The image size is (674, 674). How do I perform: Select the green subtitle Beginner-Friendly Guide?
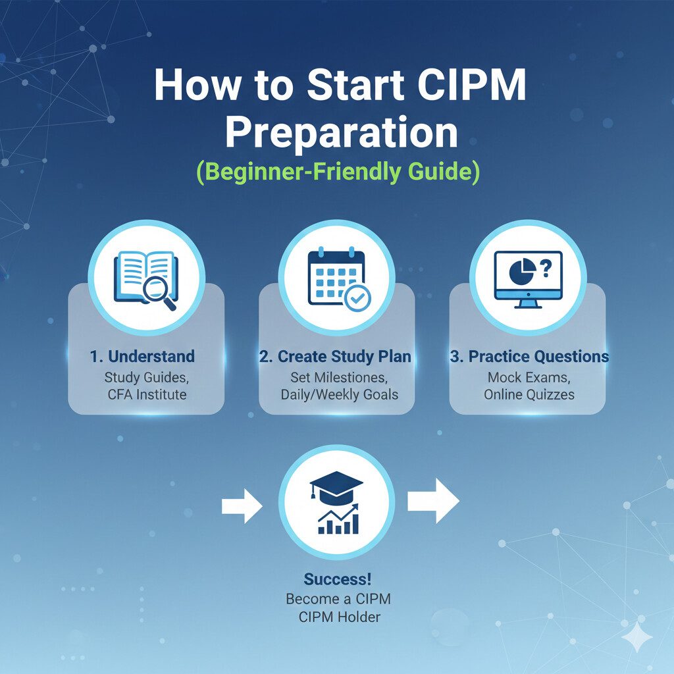pyautogui.click(x=338, y=172)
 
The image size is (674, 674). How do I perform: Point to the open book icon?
pyautogui.click(x=145, y=278)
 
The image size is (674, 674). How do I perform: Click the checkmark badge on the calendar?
pyautogui.click(x=358, y=297)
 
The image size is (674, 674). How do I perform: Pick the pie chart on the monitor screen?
pyautogui.click(x=522, y=272)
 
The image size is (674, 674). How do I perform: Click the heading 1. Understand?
pyautogui.click(x=142, y=356)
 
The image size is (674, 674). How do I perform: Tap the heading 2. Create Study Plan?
pyautogui.click(x=335, y=356)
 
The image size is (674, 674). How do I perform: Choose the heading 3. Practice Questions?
pyautogui.click(x=529, y=356)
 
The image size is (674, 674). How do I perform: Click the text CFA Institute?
pyautogui.click(x=147, y=394)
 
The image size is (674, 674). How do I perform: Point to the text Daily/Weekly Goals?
pyautogui.click(x=340, y=394)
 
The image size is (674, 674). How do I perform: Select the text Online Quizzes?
pyautogui.click(x=529, y=394)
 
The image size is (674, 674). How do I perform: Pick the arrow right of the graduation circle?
pyautogui.click(x=433, y=501)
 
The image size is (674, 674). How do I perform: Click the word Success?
pyautogui.click(x=338, y=579)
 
